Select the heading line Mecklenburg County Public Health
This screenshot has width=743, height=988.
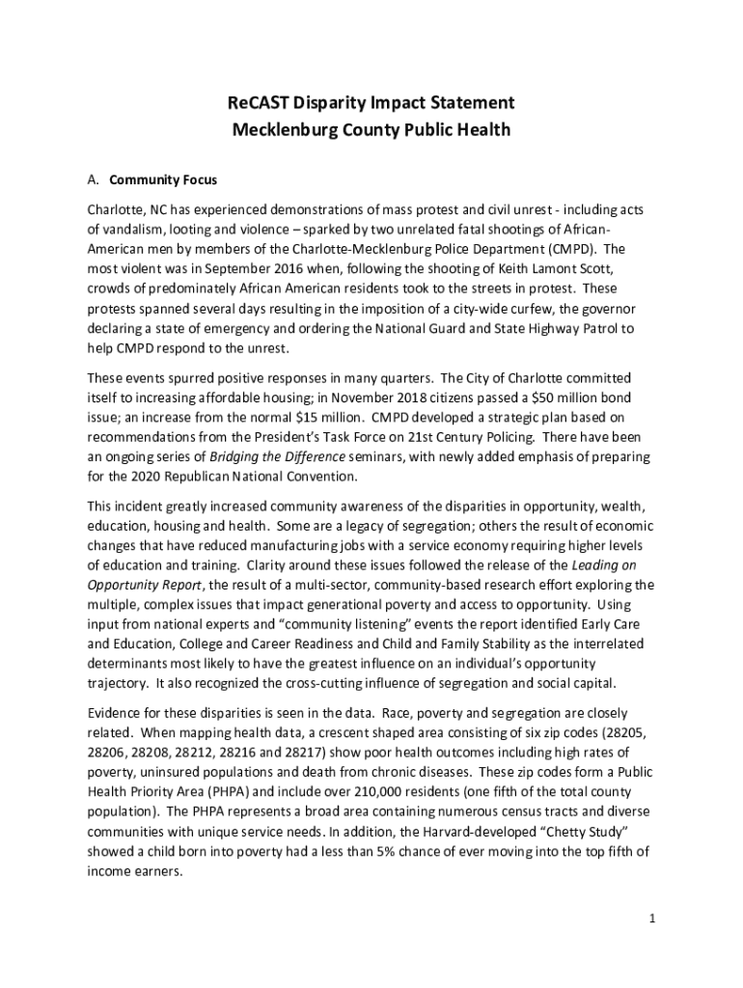(371, 129)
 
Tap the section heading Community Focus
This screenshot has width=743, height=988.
(163, 180)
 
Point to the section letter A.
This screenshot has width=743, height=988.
(93, 180)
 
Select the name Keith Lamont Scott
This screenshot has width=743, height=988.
(517, 267)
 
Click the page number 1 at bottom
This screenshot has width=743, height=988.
(652, 918)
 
